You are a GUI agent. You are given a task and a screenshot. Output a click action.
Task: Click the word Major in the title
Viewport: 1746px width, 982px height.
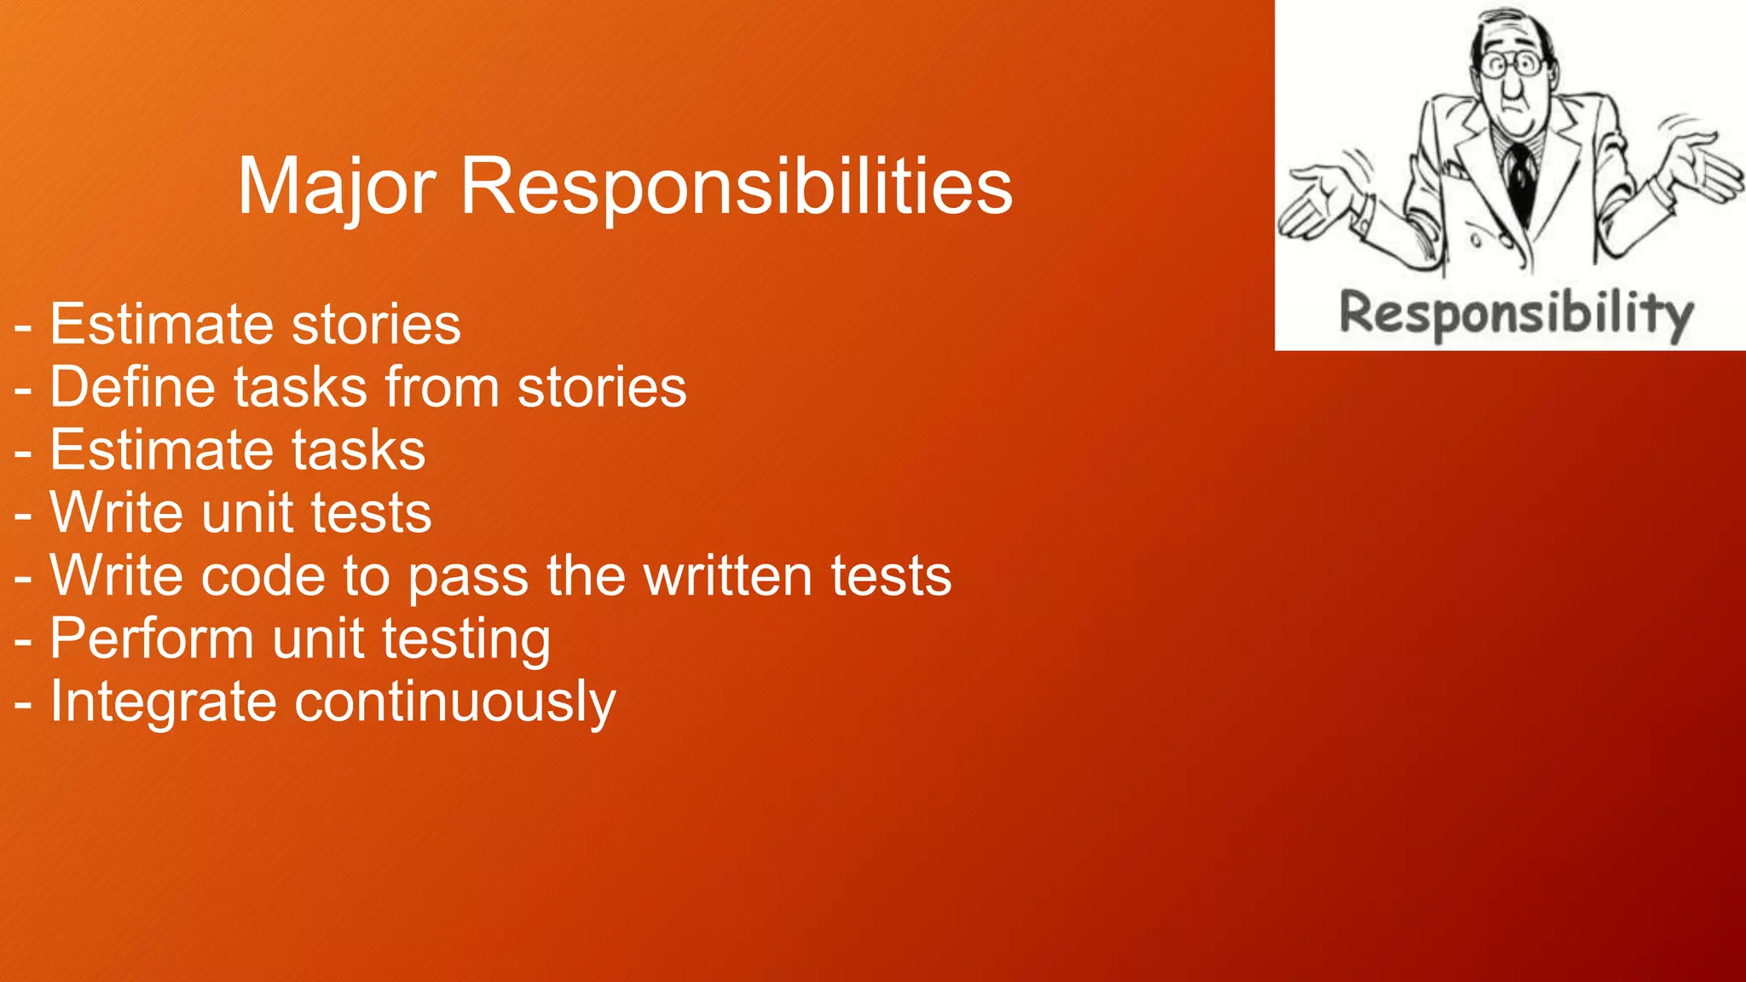click(x=337, y=188)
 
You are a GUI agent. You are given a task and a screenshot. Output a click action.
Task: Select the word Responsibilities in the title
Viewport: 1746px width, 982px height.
click(x=736, y=188)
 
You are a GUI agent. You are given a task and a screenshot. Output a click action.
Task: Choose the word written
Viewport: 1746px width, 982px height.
click(x=729, y=576)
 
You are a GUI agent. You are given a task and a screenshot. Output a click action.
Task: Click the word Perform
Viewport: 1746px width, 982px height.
click(x=152, y=639)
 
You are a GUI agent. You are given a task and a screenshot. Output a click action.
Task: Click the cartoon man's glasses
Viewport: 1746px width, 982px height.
click(x=1512, y=65)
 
